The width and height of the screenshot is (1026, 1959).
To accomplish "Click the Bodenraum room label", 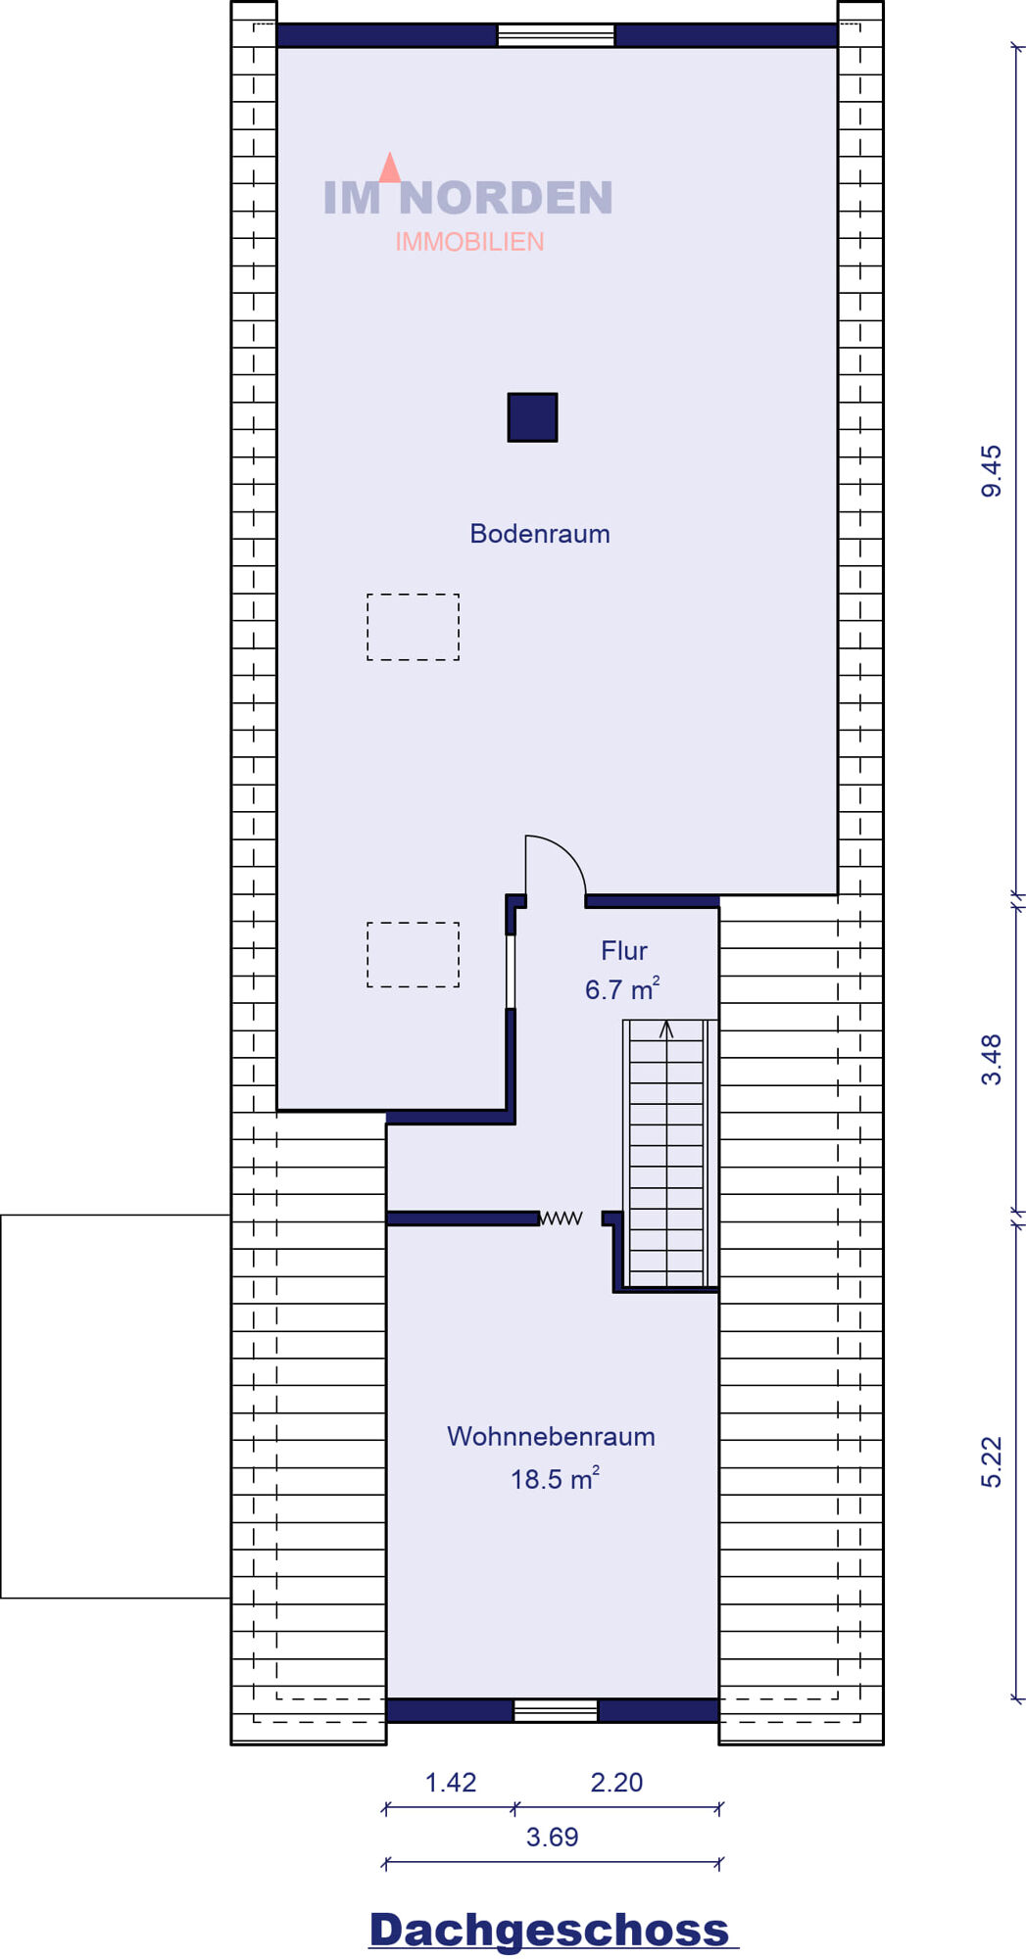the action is click(540, 534).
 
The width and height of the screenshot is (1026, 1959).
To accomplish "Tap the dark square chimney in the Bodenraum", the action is click(532, 417).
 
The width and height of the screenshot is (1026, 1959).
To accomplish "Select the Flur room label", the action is click(624, 950).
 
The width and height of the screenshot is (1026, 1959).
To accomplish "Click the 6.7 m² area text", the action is click(622, 988).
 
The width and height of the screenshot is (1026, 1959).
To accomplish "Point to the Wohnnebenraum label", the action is click(551, 1436).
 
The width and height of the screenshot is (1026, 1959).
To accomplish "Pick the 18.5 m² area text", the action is click(555, 1478).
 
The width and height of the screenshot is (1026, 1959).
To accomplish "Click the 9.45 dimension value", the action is click(992, 471).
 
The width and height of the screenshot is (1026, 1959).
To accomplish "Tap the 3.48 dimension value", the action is click(992, 1060).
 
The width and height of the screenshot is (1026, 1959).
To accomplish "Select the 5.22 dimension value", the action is click(992, 1462).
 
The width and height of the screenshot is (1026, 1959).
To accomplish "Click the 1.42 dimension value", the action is click(451, 1782).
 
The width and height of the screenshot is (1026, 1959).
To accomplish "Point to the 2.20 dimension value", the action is click(616, 1782).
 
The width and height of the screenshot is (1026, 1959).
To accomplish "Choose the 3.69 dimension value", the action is click(552, 1837).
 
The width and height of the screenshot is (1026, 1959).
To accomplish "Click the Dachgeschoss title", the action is click(550, 1930).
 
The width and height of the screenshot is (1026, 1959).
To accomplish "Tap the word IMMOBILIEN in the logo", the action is click(469, 242).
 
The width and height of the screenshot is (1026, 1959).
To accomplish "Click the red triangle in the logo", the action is click(390, 167).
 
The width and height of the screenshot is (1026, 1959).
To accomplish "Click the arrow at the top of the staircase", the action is click(666, 1030).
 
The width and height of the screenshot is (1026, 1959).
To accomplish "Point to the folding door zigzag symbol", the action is click(562, 1218).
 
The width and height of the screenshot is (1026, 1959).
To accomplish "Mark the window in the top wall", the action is click(556, 36).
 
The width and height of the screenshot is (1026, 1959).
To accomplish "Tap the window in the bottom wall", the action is click(556, 1710).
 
